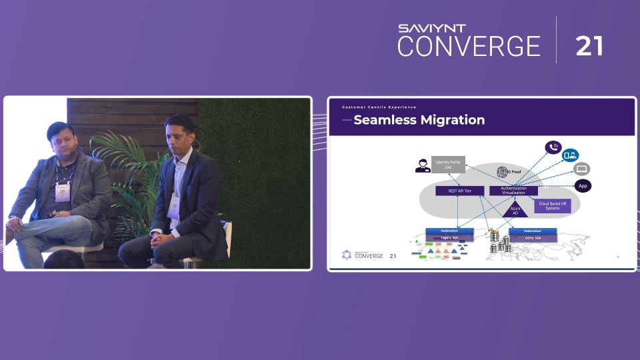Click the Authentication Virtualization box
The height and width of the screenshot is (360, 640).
(513, 191)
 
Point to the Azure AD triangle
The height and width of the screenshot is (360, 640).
(515, 209)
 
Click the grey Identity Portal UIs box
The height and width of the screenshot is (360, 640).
(448, 165)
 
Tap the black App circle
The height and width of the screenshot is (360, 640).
(583, 186)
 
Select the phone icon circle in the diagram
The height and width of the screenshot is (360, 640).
(553, 147)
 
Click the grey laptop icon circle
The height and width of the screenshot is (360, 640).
(581, 169)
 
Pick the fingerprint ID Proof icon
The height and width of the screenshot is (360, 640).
(503, 173)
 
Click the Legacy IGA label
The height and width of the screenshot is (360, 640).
(449, 238)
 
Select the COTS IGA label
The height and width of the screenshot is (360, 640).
(532, 238)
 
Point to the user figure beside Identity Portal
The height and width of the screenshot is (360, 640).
(422, 166)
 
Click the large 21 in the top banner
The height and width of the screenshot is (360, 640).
(589, 46)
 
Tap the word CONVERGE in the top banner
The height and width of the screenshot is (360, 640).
(469, 46)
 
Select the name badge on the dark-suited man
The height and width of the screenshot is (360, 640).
(173, 208)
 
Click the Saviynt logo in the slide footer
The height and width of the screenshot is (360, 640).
(346, 254)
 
